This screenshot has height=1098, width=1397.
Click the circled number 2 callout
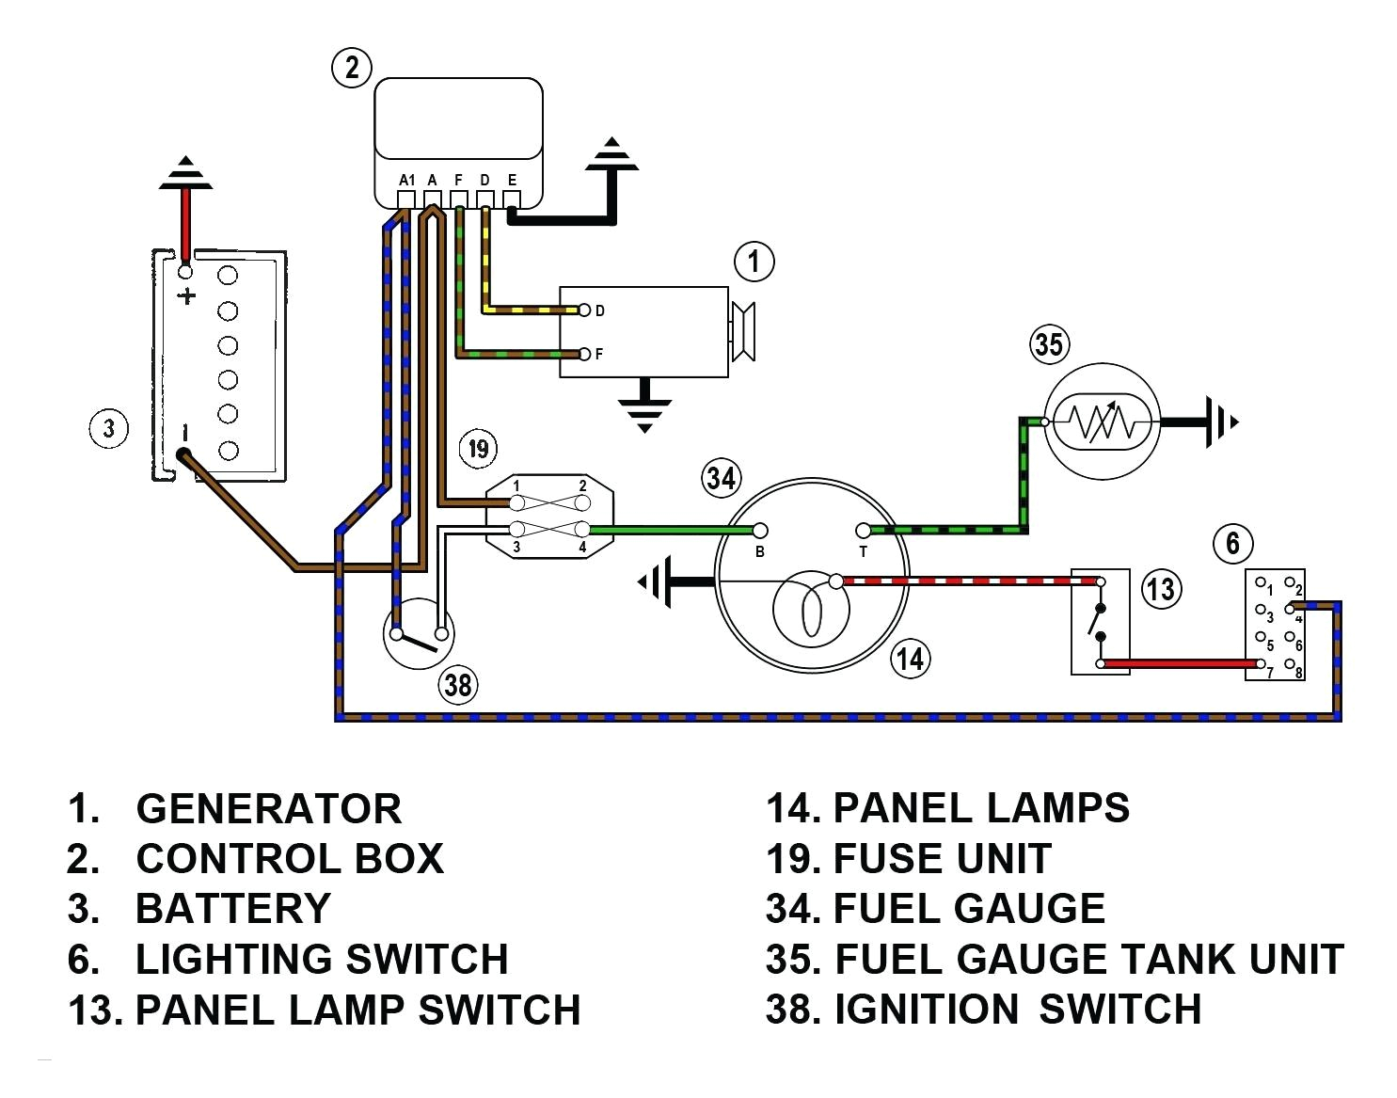(x=352, y=68)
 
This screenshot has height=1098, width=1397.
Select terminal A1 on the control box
(x=406, y=199)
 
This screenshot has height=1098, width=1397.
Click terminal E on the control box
(x=512, y=199)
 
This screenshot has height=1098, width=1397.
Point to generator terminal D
(x=585, y=310)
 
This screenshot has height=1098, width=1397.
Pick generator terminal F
(x=585, y=355)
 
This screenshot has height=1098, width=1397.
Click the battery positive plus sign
(x=187, y=296)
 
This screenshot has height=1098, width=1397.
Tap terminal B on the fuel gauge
(x=760, y=532)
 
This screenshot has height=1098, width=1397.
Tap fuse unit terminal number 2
(x=582, y=486)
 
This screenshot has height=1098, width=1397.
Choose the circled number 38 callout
(x=457, y=684)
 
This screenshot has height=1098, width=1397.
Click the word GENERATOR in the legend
(x=268, y=809)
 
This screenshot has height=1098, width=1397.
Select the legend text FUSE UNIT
(x=942, y=858)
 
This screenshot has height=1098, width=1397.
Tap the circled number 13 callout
(x=1160, y=589)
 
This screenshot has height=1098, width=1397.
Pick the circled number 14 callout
(x=910, y=659)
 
